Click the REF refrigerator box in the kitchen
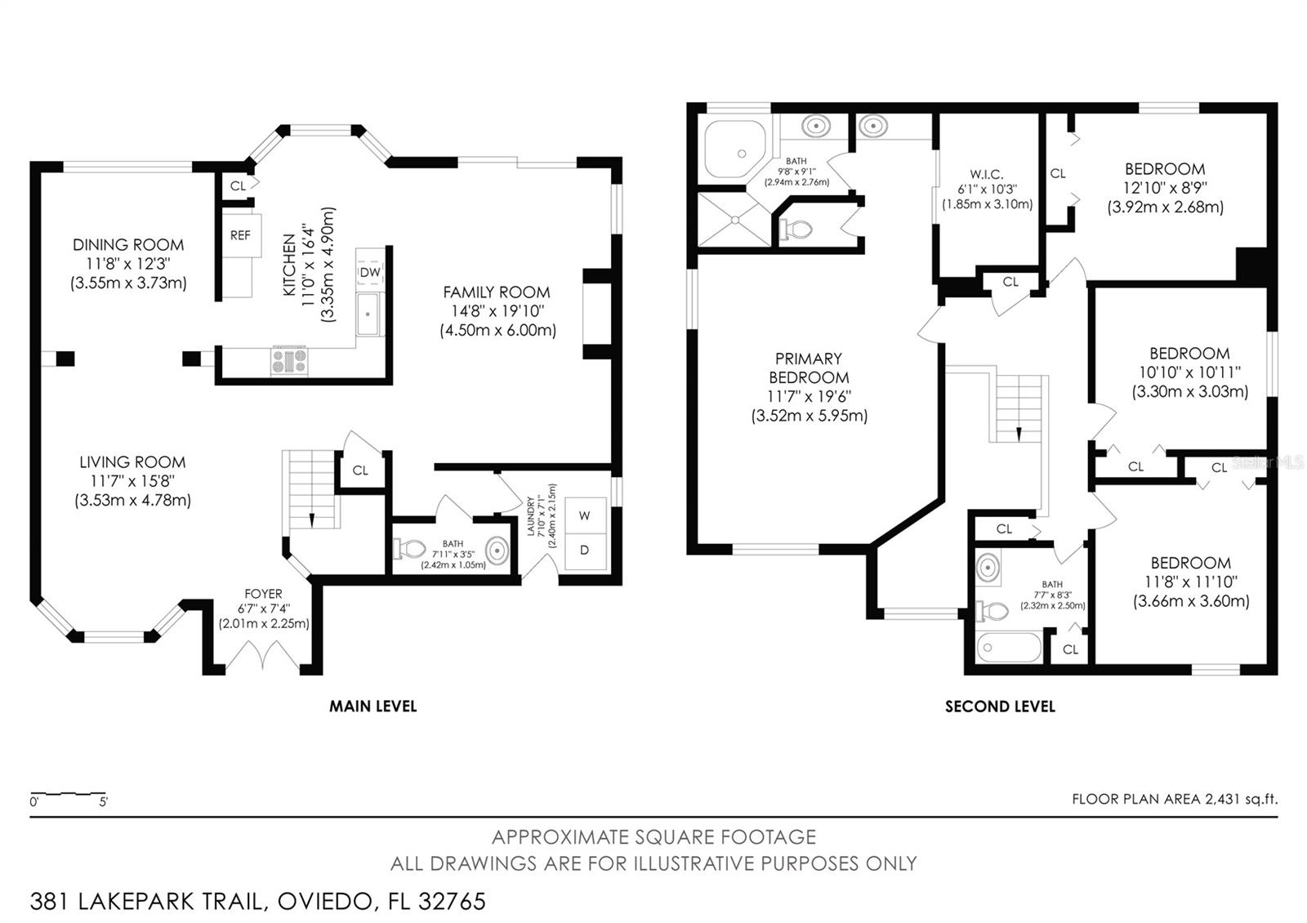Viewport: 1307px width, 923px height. [240, 235]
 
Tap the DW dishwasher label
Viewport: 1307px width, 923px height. [370, 272]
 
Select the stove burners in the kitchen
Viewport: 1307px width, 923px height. [290, 360]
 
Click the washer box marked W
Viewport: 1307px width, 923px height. [585, 515]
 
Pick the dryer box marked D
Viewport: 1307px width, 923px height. [585, 551]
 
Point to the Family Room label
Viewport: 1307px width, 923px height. [497, 292]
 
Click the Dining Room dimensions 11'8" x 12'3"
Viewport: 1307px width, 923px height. [128, 264]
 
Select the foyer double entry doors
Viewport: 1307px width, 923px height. [263, 656]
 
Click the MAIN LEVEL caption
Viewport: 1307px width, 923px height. [372, 707]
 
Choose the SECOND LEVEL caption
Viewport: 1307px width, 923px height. [1000, 707]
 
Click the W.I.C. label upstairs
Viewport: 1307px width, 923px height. [987, 174]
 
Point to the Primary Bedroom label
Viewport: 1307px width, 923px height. [809, 368]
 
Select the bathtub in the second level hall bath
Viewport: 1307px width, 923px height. [1010, 648]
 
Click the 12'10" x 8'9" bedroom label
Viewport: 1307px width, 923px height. [1165, 188]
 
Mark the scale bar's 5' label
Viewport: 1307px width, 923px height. [103, 802]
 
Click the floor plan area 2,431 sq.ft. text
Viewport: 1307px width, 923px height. [1175, 799]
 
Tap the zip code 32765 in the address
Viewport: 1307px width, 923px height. [452, 902]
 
